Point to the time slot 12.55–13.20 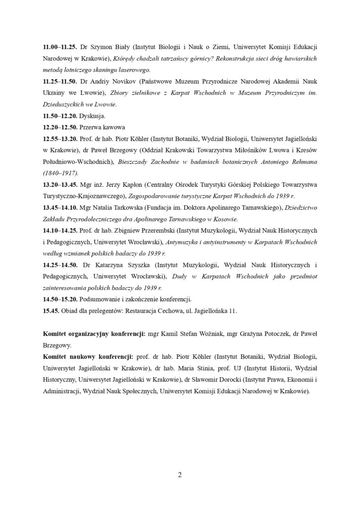point(60,138)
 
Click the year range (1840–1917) point(63,172)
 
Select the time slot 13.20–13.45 point(60,184)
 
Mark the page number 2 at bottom point(180,474)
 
